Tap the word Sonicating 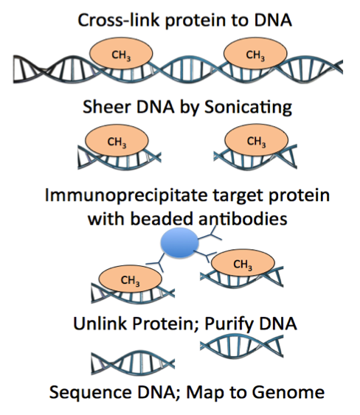point(248,107)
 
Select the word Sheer point(107,107)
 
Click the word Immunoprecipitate point(126,196)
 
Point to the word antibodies point(243,219)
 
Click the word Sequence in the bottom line point(90,392)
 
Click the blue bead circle point(179,243)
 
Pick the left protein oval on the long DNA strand point(121,53)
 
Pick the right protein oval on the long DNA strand point(255,53)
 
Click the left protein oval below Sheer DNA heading point(117,140)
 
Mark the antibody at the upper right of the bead point(210,234)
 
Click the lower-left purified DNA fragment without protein point(133,362)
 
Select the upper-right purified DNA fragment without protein point(241,346)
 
